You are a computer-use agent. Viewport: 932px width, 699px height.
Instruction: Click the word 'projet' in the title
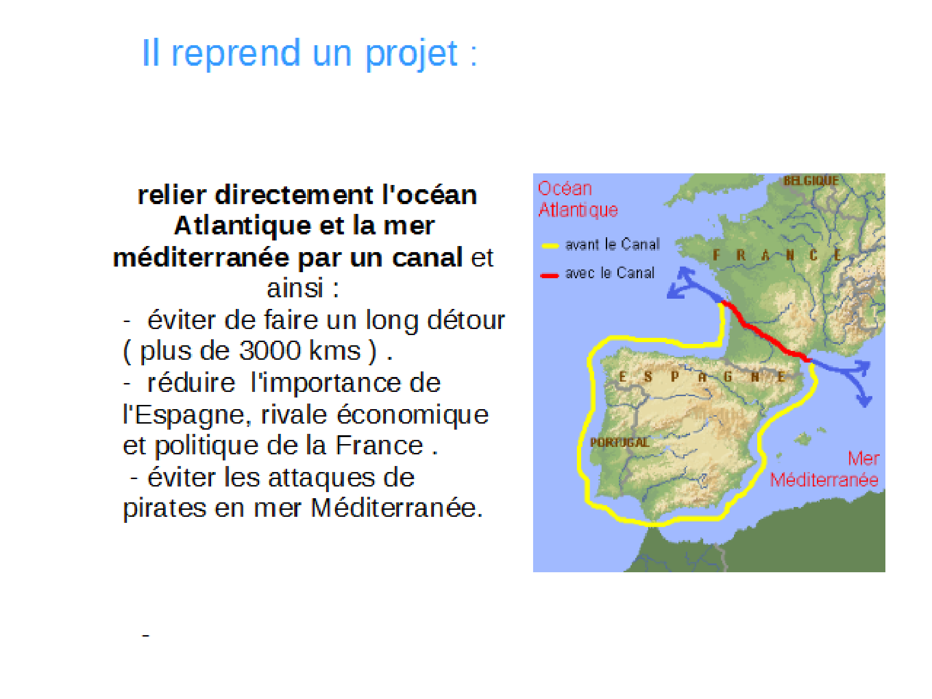(411, 55)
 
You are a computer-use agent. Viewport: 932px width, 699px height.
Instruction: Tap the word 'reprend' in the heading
(236, 54)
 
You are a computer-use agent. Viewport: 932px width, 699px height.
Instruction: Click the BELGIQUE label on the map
(811, 180)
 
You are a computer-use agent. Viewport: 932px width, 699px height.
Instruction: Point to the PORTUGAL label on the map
(619, 442)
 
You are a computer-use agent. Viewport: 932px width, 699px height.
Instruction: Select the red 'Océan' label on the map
(565, 189)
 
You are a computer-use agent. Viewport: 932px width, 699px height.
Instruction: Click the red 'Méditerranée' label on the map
(824, 480)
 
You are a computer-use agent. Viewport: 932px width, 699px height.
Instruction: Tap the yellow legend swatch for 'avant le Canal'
(550, 246)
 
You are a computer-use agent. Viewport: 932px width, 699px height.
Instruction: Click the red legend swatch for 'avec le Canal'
(549, 275)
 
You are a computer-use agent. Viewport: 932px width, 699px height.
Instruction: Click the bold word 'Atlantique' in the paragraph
(242, 226)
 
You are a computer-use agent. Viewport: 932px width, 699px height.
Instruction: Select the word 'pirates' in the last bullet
(164, 508)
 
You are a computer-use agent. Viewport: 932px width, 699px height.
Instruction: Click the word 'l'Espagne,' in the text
(187, 415)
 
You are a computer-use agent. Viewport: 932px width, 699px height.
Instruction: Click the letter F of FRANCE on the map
(716, 255)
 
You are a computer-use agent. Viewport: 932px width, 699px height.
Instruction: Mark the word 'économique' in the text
(412, 415)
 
